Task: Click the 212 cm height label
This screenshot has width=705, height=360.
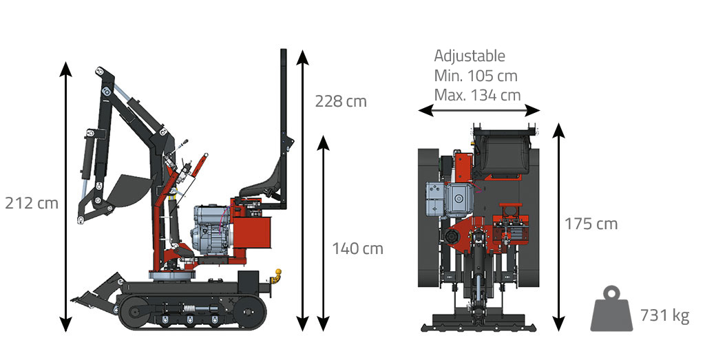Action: coord(32,203)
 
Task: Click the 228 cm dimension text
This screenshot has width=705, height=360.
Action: coord(341,101)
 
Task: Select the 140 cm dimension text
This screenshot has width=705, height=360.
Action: coord(357,248)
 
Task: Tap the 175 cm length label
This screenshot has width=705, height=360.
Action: coord(591,224)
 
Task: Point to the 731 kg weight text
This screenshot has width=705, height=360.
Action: coord(664,315)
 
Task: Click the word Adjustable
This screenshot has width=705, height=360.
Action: coord(470,56)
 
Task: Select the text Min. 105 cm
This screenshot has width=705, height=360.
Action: coord(476,76)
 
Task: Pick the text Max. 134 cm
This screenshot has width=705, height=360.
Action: coord(477,95)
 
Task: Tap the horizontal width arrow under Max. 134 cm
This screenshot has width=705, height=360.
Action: coord(479,110)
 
